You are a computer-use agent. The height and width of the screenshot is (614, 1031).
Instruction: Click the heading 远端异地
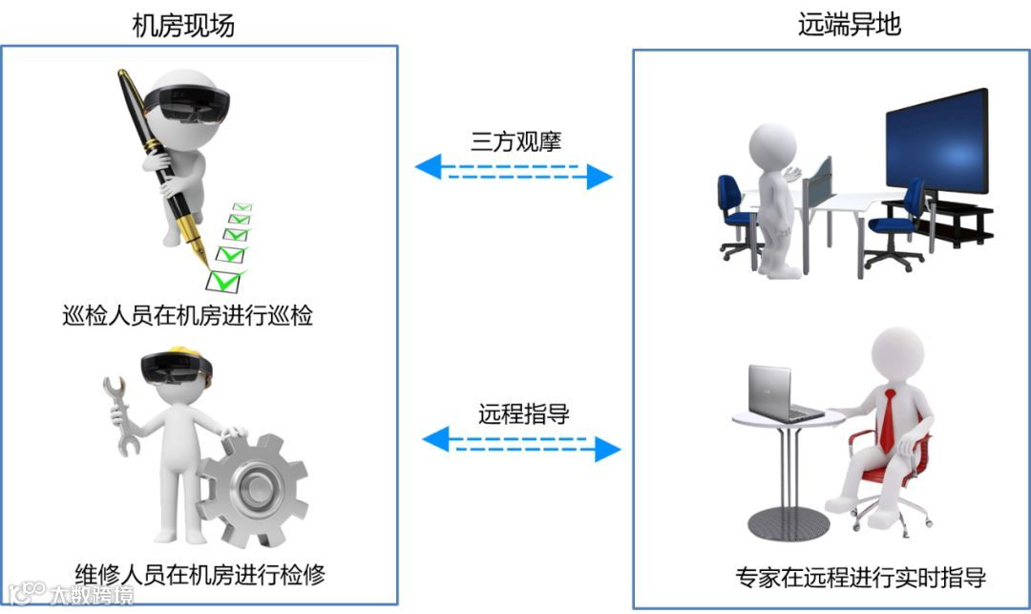click(x=850, y=25)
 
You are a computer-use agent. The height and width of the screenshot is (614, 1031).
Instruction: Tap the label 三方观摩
click(x=515, y=142)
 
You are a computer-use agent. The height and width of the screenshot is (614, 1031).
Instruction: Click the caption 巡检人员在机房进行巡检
click(x=187, y=315)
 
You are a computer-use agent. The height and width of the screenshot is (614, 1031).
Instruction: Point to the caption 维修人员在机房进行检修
click(x=200, y=575)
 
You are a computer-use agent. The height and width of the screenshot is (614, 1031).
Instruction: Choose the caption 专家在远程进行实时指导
click(x=860, y=578)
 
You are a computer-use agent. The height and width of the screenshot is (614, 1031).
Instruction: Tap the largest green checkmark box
click(x=226, y=281)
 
